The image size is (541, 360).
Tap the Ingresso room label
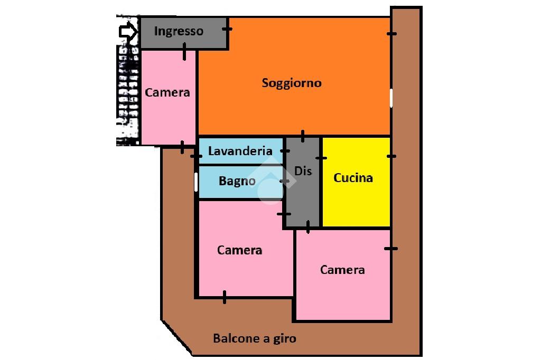179,31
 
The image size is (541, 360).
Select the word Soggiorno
292,83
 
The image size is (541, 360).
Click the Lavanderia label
240,151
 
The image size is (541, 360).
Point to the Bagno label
237,181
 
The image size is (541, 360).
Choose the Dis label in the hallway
303,171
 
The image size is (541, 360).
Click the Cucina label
353,178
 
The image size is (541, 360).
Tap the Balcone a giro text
255,338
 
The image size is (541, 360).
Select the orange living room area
317,111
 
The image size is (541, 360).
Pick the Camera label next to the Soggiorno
167,92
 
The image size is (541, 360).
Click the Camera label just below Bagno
239,250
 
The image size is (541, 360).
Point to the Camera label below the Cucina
342,270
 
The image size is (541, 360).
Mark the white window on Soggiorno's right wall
391,98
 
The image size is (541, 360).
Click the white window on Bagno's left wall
196,182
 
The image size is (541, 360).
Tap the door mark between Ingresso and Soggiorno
227,29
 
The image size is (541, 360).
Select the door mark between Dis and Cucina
321,157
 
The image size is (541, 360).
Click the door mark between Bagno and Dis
285,182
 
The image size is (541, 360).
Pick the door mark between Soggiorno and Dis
302,137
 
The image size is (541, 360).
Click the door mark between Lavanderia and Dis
285,151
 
